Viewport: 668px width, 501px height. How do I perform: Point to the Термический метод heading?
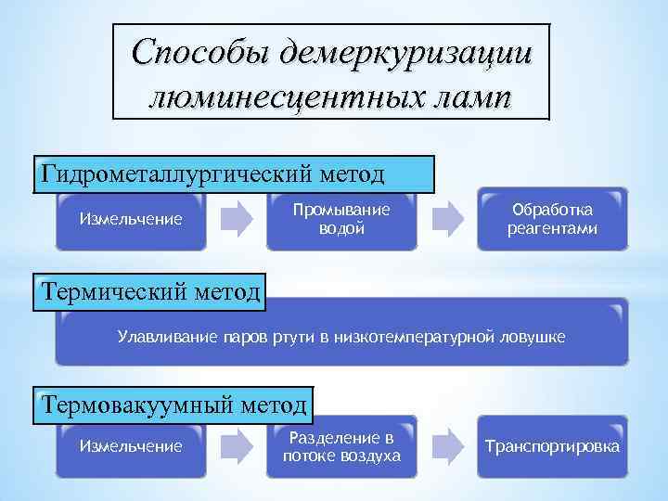pos(149,294)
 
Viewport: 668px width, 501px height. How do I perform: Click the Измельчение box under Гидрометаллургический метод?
pos(130,221)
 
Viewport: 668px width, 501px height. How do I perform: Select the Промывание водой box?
pos(341,220)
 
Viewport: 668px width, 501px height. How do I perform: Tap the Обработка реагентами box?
pos(552,220)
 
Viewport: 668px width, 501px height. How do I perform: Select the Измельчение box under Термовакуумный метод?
pos(130,447)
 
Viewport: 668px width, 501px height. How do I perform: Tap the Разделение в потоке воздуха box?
pos(341,446)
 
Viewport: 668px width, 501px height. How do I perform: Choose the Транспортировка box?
pos(552,447)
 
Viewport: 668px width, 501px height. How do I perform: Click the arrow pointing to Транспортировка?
pos(447,446)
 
